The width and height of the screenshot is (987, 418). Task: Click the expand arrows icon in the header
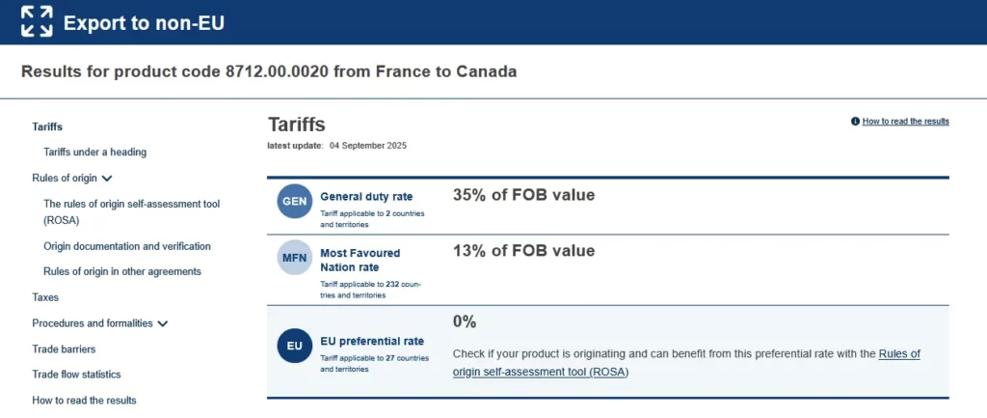click(37, 21)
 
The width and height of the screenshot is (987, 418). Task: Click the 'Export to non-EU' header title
click(144, 22)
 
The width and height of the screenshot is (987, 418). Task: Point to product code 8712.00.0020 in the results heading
click(277, 71)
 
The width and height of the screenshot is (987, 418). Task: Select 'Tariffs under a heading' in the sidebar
click(94, 152)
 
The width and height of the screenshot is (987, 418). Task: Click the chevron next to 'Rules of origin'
click(107, 179)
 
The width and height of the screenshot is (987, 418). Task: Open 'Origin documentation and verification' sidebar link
click(126, 246)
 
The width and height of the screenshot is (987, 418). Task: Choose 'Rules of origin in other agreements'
click(121, 271)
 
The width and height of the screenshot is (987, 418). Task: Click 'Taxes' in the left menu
click(45, 297)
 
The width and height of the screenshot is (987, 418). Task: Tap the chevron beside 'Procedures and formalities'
click(162, 323)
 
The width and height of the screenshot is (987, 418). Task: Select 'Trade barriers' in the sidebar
click(64, 348)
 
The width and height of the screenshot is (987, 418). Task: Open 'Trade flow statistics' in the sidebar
click(76, 374)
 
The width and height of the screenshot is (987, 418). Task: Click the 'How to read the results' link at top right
click(905, 122)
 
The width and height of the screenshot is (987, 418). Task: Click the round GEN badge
click(294, 201)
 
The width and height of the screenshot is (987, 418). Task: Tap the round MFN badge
click(294, 258)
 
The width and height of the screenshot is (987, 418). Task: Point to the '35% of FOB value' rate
click(523, 195)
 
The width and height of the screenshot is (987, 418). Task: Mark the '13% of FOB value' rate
click(523, 251)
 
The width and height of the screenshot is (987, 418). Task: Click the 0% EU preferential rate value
click(465, 321)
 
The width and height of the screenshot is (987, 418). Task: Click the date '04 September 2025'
click(367, 146)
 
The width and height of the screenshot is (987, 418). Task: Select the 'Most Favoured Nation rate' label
click(360, 260)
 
